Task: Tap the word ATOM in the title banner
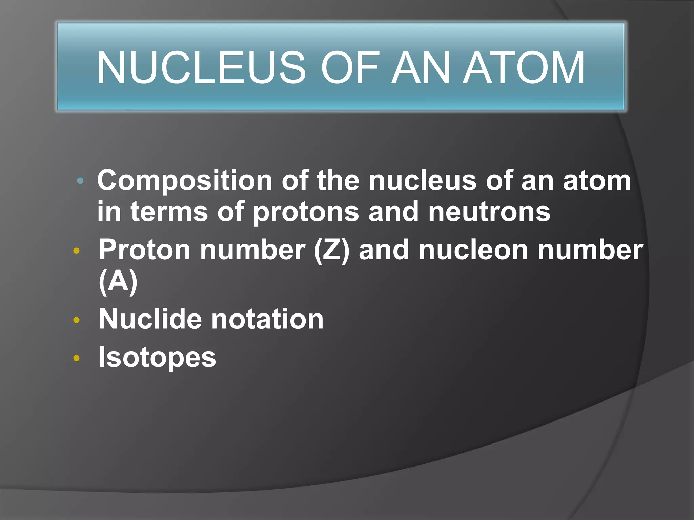pos(524,67)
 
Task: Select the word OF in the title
pos(349,67)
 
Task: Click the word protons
pos(306,212)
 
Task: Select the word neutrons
pos(489,212)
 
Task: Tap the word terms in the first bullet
pos(169,212)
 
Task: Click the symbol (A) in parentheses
pos(118,282)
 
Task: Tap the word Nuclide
pos(150,319)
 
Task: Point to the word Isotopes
pos(157,357)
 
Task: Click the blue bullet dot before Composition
pos(80,181)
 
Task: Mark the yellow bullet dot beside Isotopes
pos(77,358)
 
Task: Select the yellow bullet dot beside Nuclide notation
pos(77,320)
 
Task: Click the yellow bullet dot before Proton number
pos(77,251)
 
